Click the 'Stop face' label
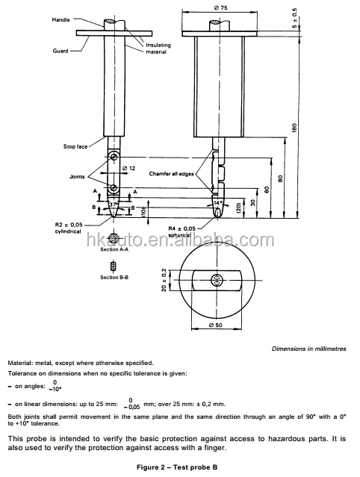77,146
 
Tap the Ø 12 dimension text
127,169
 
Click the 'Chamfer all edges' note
175,174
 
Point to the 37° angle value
113,204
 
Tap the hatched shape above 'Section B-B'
112,266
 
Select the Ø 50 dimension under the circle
216,325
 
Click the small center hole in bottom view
216,281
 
